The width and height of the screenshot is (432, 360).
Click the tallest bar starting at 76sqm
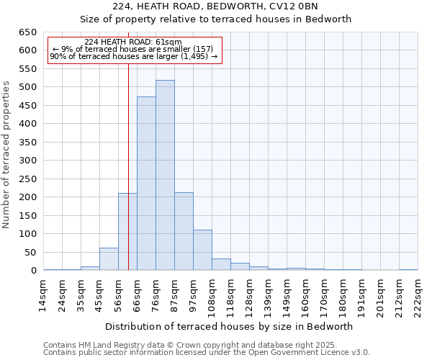click(165, 176)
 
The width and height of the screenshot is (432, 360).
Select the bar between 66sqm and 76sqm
click(146, 184)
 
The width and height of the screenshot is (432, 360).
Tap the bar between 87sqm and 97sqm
click(184, 231)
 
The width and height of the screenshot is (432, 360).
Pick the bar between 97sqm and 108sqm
click(202, 250)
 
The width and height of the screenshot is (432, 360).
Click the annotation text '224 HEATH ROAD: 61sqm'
click(132, 42)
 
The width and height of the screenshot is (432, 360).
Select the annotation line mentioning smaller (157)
click(132, 50)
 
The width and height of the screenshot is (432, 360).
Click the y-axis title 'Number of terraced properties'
click(7, 155)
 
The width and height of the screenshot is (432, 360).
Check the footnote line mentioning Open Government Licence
click(207, 353)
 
